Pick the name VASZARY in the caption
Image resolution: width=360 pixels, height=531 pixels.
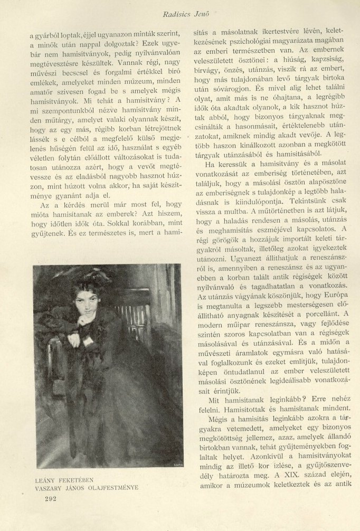pyautogui.click(x=52, y=487)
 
